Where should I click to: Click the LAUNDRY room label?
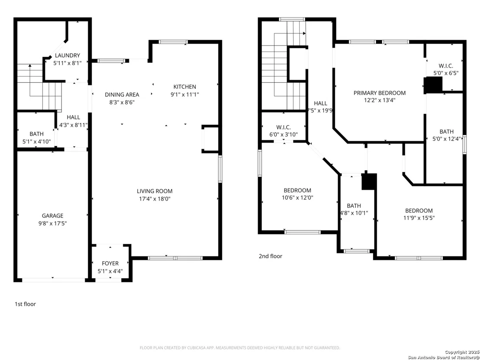pos(67,55)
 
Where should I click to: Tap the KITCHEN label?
pos(185,87)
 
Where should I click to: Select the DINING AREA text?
pos(122,94)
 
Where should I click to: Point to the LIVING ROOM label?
pos(155,191)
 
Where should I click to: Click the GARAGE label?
pos(53,216)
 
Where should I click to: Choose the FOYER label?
pos(110,263)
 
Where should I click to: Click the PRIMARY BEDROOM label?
pos(379,93)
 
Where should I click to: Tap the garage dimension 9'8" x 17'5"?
pos(53,224)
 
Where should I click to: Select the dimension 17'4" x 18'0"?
pos(155,199)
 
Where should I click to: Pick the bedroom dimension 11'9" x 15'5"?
pos(419,218)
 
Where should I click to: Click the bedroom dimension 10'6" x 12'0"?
pos(298,198)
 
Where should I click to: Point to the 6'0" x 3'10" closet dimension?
pos(283,134)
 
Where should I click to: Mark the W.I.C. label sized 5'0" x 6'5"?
pos(446,66)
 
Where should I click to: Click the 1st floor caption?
pos(26,304)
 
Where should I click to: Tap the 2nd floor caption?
pos(271,256)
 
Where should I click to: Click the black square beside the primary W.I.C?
pos(433,85)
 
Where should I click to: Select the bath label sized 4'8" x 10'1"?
pos(354,206)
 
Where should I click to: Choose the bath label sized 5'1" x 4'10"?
pos(36,134)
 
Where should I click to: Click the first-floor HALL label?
pos(74,117)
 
